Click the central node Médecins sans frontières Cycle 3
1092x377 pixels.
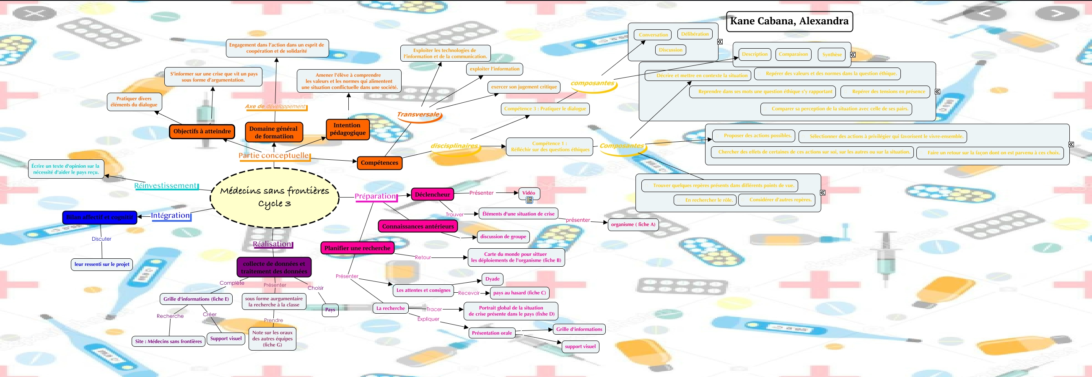pyautogui.click(x=274, y=197)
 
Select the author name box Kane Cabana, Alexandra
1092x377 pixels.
pyautogui.click(x=789, y=21)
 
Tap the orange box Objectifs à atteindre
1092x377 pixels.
pyautogui.click(x=202, y=131)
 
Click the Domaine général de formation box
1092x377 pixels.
pyautogui.click(x=273, y=133)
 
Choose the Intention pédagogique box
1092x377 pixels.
pyautogui.click(x=347, y=129)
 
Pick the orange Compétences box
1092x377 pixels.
pyautogui.click(x=379, y=163)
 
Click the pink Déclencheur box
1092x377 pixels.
pyautogui.click(x=432, y=195)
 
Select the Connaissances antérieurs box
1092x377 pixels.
pyautogui.click(x=418, y=226)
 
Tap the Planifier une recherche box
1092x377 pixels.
pyautogui.click(x=357, y=248)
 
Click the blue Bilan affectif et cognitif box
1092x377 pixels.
pyautogui.click(x=100, y=217)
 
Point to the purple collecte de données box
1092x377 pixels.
pyautogui.click(x=274, y=268)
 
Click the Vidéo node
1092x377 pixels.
pyautogui.click(x=529, y=193)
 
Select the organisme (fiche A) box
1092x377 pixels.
pyautogui.click(x=633, y=224)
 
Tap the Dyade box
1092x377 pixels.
pyautogui.click(x=492, y=279)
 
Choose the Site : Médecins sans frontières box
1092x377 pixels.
pyautogui.click(x=168, y=341)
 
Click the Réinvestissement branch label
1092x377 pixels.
pyautogui.click(x=166, y=186)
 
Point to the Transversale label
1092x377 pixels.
pyautogui.click(x=418, y=114)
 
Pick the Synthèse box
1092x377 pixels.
pyautogui.click(x=831, y=55)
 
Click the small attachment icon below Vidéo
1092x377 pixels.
pyautogui.click(x=529, y=200)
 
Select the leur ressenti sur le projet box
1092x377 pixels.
pyautogui.click(x=102, y=264)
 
